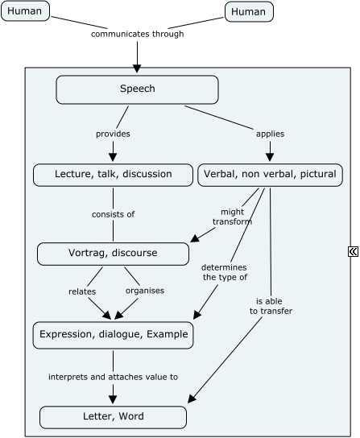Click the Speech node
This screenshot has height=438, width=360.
click(137, 89)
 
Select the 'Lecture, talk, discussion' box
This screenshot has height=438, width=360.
click(113, 174)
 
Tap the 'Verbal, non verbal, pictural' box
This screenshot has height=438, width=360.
click(270, 174)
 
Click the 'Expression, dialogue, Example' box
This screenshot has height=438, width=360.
click(113, 335)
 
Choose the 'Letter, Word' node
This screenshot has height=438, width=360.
click(113, 417)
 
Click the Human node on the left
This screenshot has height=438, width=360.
click(25, 11)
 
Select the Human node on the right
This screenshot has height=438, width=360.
click(248, 11)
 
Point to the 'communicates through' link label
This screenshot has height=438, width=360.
click(137, 35)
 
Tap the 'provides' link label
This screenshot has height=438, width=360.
click(113, 134)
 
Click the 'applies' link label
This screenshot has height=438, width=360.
click(269, 134)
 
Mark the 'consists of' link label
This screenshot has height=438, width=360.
click(113, 214)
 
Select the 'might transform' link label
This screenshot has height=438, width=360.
click(231, 217)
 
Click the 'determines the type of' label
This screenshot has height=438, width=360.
click(225, 271)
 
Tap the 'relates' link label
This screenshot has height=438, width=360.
click(82, 291)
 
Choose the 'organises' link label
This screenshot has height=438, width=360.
click(145, 291)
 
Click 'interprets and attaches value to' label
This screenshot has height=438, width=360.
click(113, 376)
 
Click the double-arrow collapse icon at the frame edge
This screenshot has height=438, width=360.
click(353, 252)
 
